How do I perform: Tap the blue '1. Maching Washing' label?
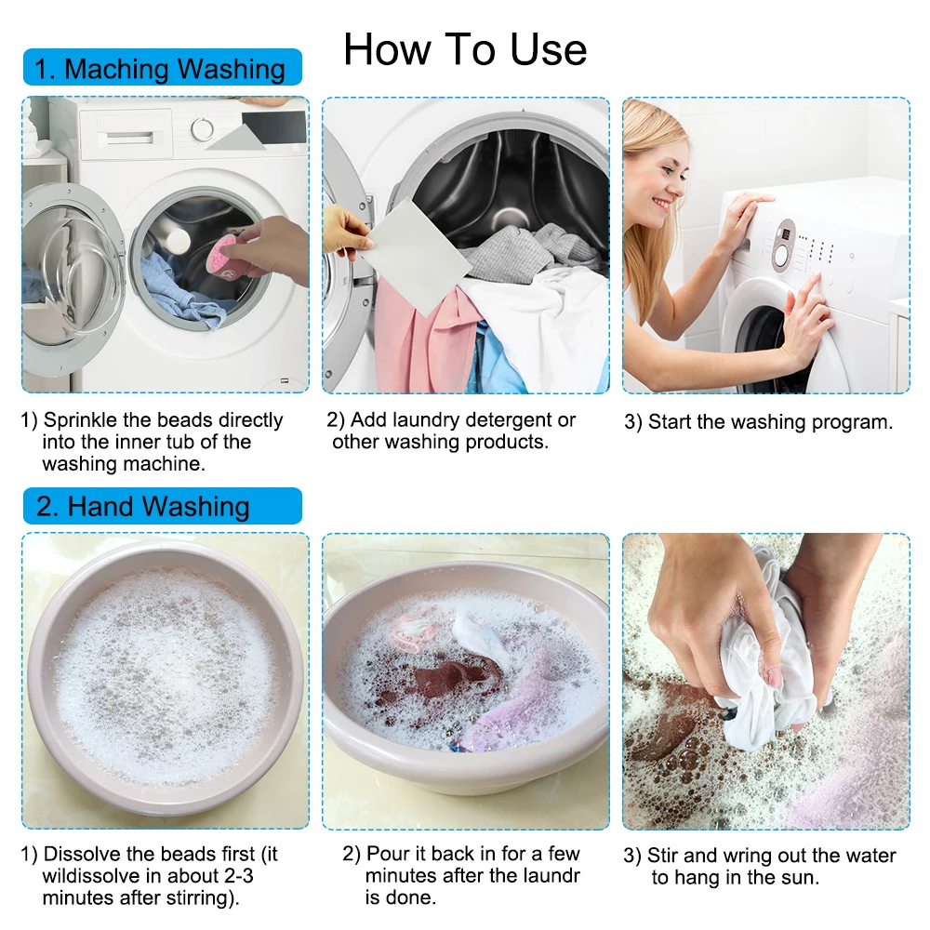[161, 69]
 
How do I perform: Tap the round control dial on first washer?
[204, 127]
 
